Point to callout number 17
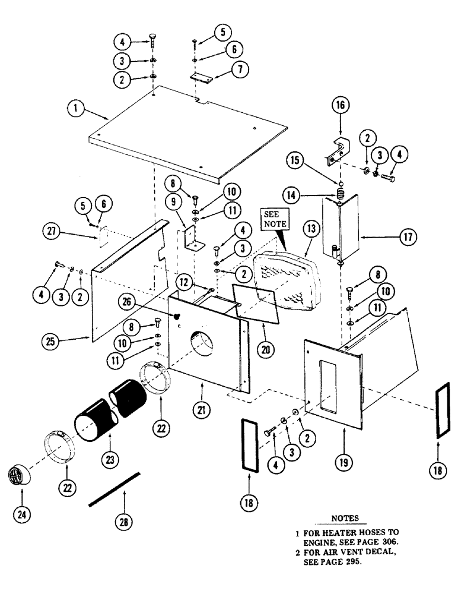(407, 238)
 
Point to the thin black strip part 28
(114, 490)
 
